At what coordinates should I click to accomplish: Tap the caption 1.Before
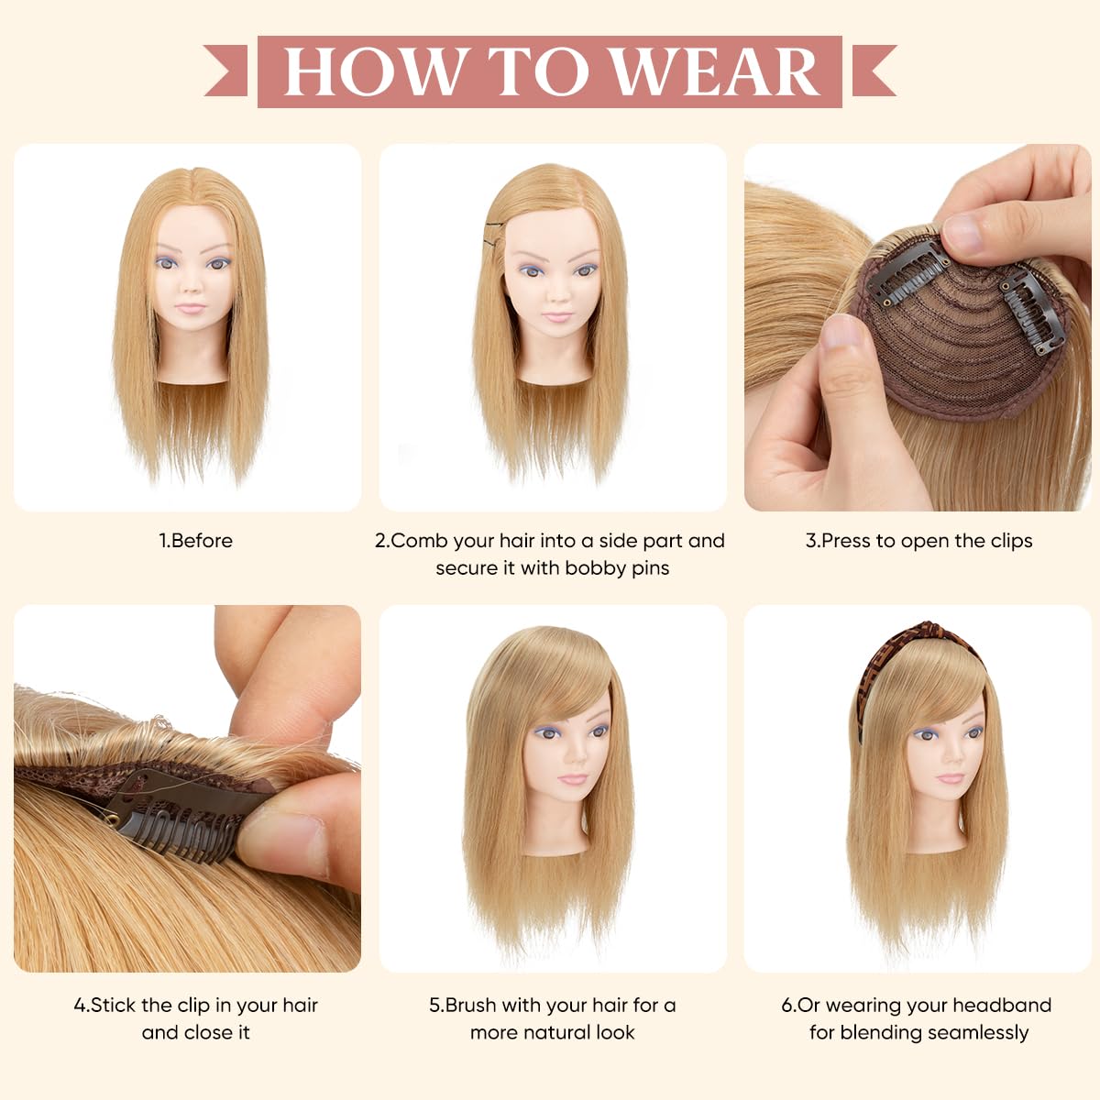pyautogui.click(x=196, y=541)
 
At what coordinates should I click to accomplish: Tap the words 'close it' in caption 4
pyautogui.click(x=216, y=1033)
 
